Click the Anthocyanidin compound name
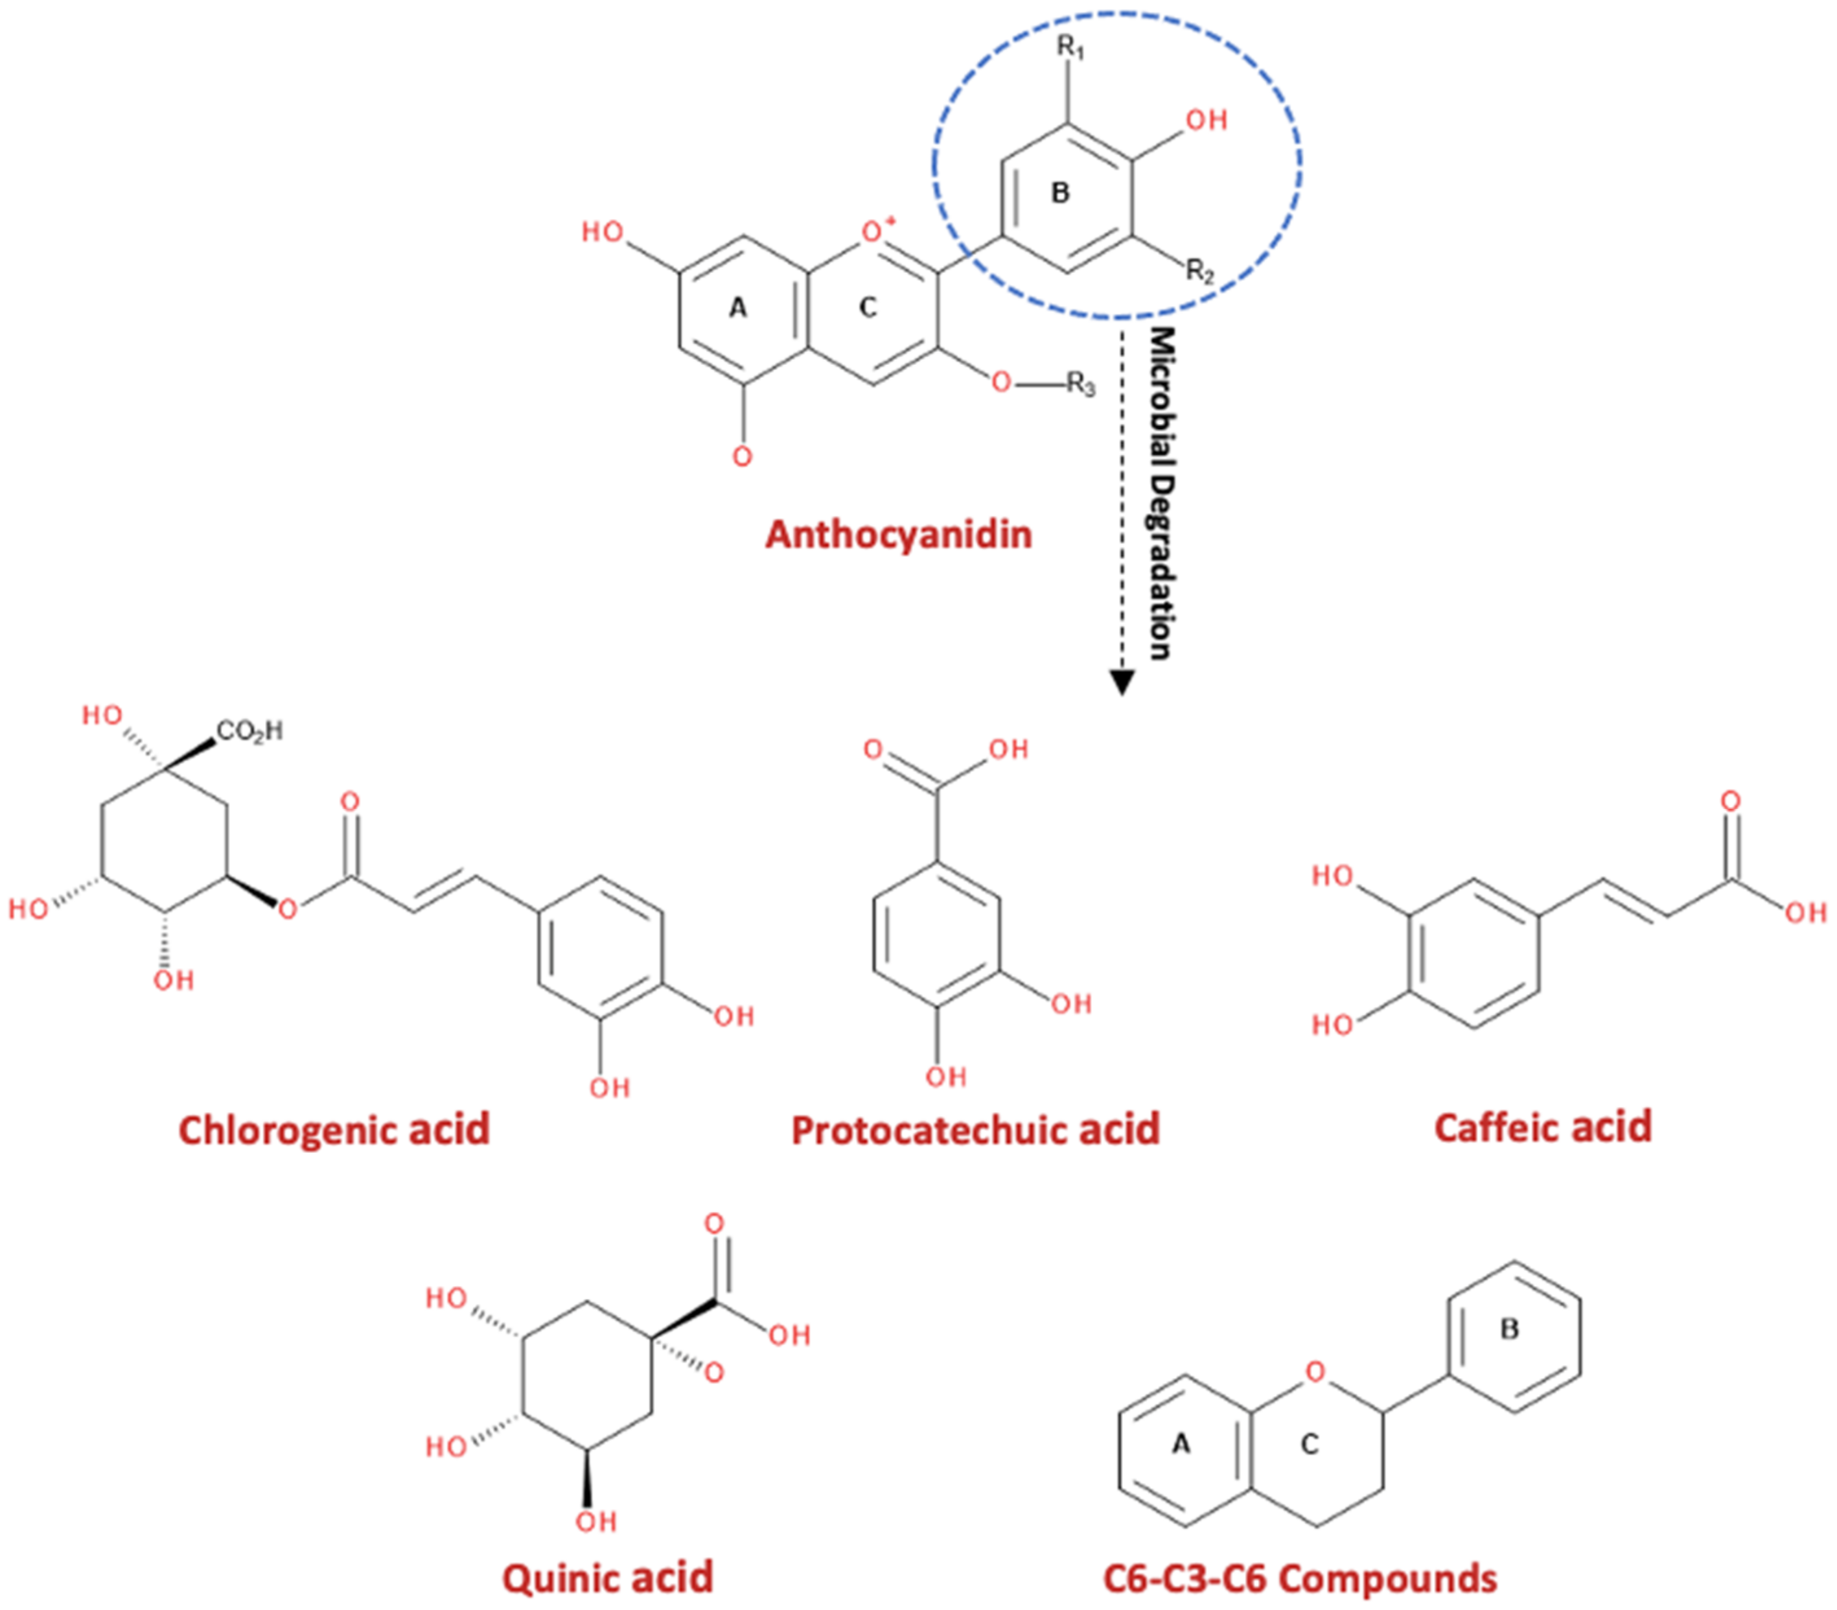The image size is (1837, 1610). pyautogui.click(x=897, y=535)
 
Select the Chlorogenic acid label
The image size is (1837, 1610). pyautogui.click(x=334, y=1129)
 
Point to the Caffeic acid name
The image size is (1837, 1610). pyautogui.click(x=1542, y=1126)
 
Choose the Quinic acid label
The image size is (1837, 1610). pyautogui.click(x=607, y=1578)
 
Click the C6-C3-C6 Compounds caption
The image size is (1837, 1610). pyautogui.click(x=1300, y=1578)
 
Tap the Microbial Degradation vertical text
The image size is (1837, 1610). pyautogui.click(x=1162, y=494)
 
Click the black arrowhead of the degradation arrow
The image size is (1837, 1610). pyautogui.click(x=1120, y=682)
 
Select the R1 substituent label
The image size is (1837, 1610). pyautogui.click(x=1070, y=47)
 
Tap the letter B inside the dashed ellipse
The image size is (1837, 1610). pyautogui.click(x=1060, y=192)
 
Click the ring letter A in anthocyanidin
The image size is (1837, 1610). pyautogui.click(x=737, y=308)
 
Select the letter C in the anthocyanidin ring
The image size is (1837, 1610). pyautogui.click(x=867, y=308)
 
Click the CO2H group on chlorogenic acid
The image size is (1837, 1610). pyautogui.click(x=249, y=731)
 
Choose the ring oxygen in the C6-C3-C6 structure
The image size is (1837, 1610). pyautogui.click(x=1315, y=1372)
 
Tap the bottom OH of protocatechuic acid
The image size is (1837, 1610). pyautogui.click(x=946, y=1077)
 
